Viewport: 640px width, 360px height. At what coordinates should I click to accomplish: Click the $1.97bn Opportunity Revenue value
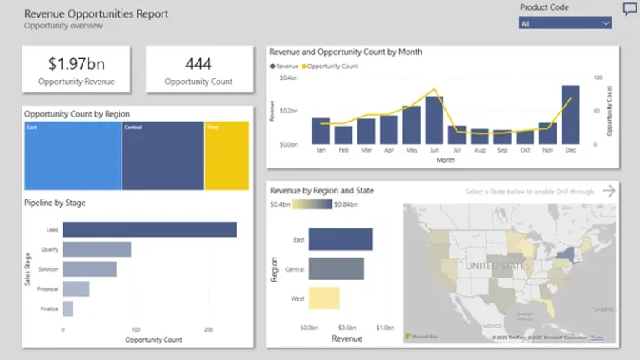pyautogui.click(x=77, y=63)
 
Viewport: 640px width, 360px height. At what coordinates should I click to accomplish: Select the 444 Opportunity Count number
pyautogui.click(x=198, y=63)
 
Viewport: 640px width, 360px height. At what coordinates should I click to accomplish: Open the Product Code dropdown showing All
pyautogui.click(x=565, y=23)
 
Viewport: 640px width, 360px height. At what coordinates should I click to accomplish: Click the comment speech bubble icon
pyautogui.click(x=630, y=9)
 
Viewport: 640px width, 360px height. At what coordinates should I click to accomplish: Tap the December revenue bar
pyautogui.click(x=570, y=115)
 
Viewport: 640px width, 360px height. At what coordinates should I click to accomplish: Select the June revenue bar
pyautogui.click(x=434, y=120)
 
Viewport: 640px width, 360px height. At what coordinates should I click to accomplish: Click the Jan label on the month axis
pyautogui.click(x=321, y=151)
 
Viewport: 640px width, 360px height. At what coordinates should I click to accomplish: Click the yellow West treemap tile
pyautogui.click(x=227, y=157)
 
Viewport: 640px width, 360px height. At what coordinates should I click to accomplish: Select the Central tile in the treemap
pyautogui.click(x=162, y=157)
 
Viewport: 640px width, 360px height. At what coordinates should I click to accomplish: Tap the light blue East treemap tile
pyautogui.click(x=72, y=157)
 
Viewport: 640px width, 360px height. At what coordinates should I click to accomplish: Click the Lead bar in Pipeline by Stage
pyautogui.click(x=149, y=229)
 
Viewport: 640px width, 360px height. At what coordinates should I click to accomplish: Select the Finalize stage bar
pyautogui.click(x=67, y=308)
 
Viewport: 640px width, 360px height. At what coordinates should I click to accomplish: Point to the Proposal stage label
pyautogui.click(x=47, y=289)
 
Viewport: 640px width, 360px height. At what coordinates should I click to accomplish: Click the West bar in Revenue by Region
pyautogui.click(x=324, y=297)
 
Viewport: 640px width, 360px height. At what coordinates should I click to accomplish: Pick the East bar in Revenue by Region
pyautogui.click(x=340, y=240)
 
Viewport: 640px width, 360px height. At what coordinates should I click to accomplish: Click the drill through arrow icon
pyautogui.click(x=608, y=191)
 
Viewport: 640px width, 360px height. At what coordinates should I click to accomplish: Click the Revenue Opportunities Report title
pyautogui.click(x=96, y=13)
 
